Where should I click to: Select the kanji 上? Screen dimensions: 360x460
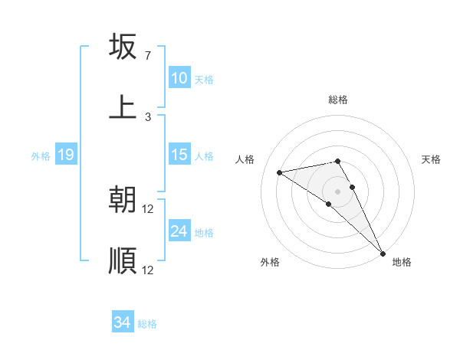(123, 106)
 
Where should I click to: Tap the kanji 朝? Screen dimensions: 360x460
(123, 199)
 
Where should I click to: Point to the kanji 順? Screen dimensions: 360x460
(123, 260)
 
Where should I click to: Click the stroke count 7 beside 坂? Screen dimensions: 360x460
(147, 56)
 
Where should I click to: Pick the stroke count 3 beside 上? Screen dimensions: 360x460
(147, 116)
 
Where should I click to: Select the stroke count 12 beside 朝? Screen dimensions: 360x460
(148, 209)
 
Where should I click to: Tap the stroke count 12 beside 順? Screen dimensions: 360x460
(148, 270)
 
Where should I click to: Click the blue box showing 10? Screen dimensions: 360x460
(179, 78)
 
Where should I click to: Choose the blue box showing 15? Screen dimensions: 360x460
(179, 155)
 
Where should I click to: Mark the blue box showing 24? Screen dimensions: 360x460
(179, 231)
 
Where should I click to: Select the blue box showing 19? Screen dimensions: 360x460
(65, 155)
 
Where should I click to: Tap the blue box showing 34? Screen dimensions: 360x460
(122, 322)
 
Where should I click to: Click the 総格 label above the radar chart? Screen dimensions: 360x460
(338, 100)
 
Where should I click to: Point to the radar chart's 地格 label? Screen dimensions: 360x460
(402, 262)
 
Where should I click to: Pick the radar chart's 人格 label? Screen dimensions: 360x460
(246, 159)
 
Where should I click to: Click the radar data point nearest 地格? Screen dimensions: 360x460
(383, 253)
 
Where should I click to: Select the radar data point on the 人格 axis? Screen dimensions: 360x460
(280, 172)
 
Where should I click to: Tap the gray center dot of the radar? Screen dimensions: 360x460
(338, 191)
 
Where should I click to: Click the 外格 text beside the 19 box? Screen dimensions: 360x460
(41, 155)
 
